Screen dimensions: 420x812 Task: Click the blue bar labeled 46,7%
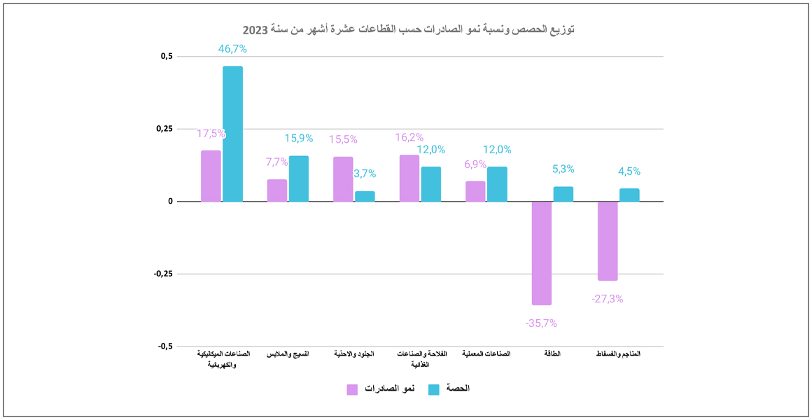(232, 134)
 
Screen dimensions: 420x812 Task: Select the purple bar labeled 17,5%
(211, 176)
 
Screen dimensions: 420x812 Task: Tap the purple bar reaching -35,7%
(542, 253)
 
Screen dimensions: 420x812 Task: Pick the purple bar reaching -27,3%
(608, 241)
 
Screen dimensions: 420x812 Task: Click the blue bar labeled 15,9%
(299, 178)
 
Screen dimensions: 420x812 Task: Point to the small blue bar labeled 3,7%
(365, 196)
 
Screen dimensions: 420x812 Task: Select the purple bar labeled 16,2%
(409, 178)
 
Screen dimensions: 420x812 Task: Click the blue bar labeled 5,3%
(563, 194)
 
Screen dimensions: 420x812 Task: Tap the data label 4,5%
(629, 171)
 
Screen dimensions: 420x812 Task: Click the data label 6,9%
(475, 164)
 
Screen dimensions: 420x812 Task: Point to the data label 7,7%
(276, 162)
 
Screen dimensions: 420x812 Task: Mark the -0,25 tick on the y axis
(163, 274)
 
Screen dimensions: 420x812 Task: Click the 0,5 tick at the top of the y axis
(166, 56)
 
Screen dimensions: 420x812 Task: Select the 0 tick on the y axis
(169, 202)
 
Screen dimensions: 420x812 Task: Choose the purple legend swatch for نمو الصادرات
(352, 389)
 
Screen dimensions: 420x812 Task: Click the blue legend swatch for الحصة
(433, 389)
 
